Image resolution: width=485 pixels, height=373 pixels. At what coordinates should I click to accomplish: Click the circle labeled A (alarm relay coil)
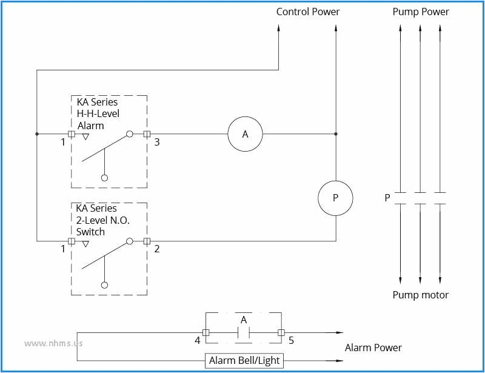[245, 134]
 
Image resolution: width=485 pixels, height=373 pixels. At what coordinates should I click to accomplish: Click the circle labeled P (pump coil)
[335, 198]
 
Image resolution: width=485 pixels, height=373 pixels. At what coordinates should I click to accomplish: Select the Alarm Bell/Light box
[244, 360]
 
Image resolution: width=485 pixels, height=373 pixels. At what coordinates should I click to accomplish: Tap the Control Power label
[308, 12]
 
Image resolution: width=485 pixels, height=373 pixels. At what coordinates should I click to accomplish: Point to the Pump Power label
[421, 12]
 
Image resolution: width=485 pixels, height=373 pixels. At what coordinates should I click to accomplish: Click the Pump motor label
[421, 295]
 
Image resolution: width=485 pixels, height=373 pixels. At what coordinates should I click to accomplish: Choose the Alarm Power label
[373, 348]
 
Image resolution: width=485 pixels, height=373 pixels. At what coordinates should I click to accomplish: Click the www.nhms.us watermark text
[53, 343]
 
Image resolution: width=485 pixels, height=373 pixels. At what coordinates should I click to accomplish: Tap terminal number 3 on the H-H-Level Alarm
[156, 143]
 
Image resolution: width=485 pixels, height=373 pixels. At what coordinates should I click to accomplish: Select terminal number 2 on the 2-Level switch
[156, 249]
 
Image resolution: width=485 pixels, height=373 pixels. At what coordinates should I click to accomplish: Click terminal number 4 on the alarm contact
[198, 341]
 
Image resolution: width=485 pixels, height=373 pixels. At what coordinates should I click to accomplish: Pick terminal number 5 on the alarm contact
[291, 341]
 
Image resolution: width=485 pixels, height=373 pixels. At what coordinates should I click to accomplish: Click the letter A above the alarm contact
[244, 320]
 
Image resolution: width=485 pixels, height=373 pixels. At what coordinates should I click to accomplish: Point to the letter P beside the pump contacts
[387, 198]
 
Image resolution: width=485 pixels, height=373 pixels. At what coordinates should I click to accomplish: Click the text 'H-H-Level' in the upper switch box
[98, 113]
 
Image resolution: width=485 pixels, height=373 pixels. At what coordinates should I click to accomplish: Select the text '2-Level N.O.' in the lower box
[102, 221]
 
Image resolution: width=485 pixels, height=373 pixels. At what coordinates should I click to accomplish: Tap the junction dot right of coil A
[335, 134]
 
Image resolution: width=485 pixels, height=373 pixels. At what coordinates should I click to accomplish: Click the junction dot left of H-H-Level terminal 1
[37, 134]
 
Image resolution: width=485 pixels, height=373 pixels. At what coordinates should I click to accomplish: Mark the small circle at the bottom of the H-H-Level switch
[104, 178]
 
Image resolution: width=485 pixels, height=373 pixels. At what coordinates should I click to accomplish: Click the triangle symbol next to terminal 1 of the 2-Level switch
[85, 244]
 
